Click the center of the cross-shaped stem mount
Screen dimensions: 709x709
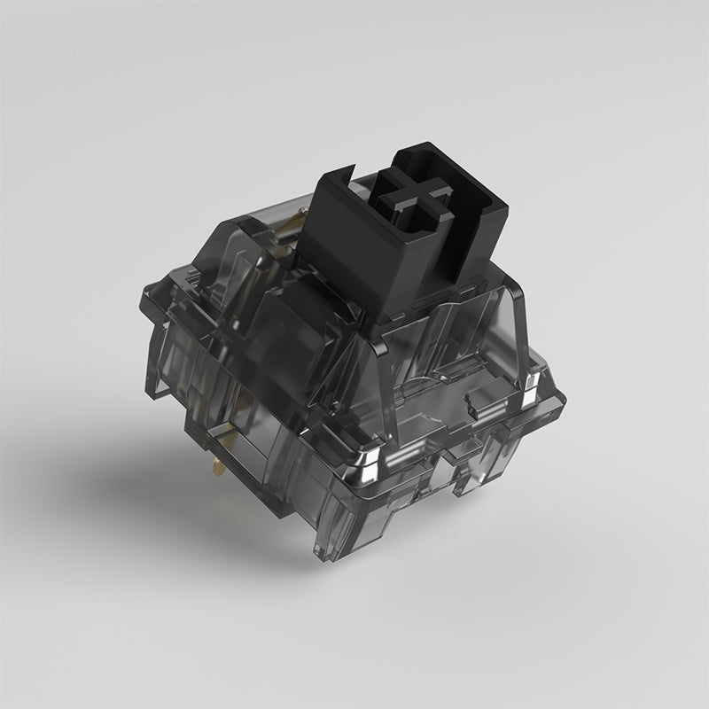(x=409, y=198)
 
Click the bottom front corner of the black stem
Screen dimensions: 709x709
(x=387, y=312)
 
